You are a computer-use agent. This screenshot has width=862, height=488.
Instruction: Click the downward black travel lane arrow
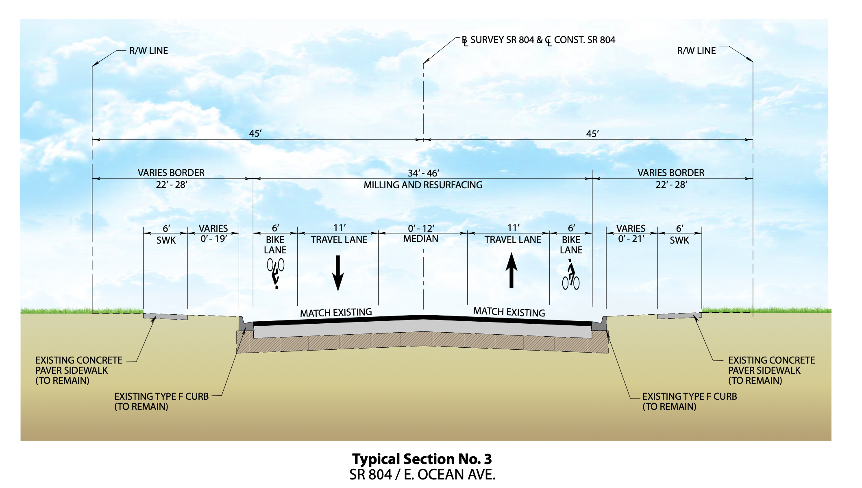click(338, 273)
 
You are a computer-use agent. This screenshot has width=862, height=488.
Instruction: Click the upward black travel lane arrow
click(512, 270)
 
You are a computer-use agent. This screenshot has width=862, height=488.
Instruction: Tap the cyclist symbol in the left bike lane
click(276, 274)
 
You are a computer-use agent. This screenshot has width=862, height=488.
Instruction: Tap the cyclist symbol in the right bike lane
click(571, 275)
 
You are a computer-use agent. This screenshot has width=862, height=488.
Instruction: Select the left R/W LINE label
click(148, 51)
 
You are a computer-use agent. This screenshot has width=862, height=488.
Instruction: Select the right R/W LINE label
click(696, 51)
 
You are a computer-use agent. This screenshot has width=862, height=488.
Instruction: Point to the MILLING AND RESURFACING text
click(423, 185)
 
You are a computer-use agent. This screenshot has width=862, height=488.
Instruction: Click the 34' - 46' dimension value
click(423, 173)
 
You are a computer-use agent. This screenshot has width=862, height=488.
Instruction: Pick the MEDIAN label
click(421, 239)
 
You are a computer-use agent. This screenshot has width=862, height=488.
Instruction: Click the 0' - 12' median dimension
click(421, 228)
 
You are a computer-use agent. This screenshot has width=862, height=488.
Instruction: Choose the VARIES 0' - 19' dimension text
click(213, 233)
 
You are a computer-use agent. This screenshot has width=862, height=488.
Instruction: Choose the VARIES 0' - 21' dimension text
click(631, 233)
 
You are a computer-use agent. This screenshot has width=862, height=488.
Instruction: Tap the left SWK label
click(166, 240)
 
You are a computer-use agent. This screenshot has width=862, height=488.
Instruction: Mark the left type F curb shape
click(245, 324)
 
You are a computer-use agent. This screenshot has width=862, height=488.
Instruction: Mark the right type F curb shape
click(599, 324)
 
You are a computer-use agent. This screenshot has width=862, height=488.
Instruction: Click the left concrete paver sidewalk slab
click(165, 316)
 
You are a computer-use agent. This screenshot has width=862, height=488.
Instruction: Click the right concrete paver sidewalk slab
click(679, 316)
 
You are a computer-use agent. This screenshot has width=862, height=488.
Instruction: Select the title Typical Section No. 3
click(422, 459)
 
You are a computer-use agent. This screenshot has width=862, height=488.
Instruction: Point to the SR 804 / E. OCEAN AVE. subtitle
click(422, 475)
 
